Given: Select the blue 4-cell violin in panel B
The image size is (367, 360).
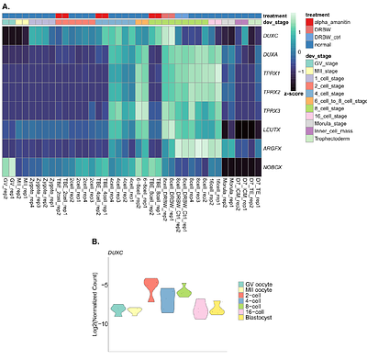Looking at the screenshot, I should coord(167,298).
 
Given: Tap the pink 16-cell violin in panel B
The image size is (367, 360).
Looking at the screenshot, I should coord(200,309).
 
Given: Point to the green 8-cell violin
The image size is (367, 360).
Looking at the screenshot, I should coord(183,290).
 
